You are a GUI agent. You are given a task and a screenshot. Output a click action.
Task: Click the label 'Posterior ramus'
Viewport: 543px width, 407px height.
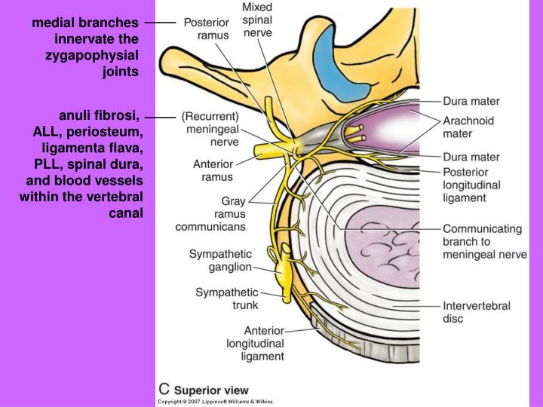click(207, 29)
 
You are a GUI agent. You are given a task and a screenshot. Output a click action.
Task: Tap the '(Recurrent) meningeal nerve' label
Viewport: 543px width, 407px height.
click(210, 129)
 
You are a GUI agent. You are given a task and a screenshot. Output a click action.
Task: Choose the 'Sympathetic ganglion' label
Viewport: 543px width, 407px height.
click(219, 261)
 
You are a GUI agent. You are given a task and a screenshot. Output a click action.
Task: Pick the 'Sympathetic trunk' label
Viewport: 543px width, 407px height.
click(226, 298)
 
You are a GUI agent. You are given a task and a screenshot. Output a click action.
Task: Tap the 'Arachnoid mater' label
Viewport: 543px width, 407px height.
click(468, 126)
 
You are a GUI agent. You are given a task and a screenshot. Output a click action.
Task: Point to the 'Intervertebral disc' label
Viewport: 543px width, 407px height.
click(477, 312)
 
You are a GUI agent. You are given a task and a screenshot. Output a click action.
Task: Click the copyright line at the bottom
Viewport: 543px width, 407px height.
click(215, 402)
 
